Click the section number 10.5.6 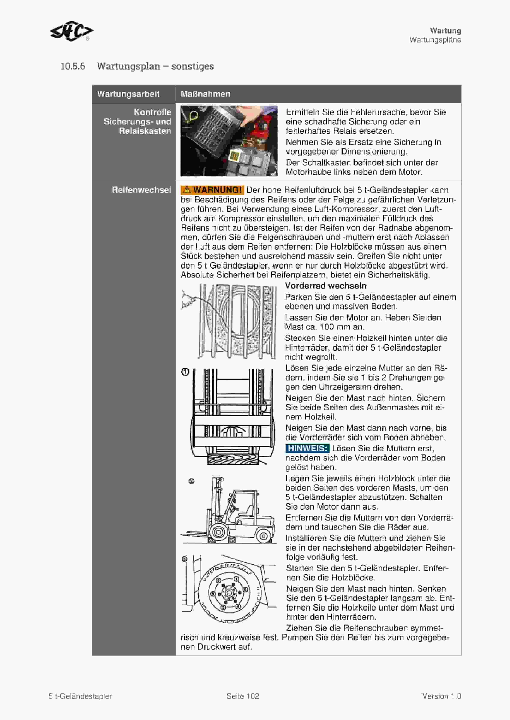click(x=73, y=66)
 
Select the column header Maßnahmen click(x=205, y=94)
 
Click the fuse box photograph click(x=229, y=141)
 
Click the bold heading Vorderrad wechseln click(x=326, y=286)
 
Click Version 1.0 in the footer click(x=441, y=696)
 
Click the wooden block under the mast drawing click(x=232, y=459)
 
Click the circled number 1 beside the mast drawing click(x=185, y=372)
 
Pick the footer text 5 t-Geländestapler click(x=80, y=696)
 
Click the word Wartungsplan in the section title click(x=129, y=66)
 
